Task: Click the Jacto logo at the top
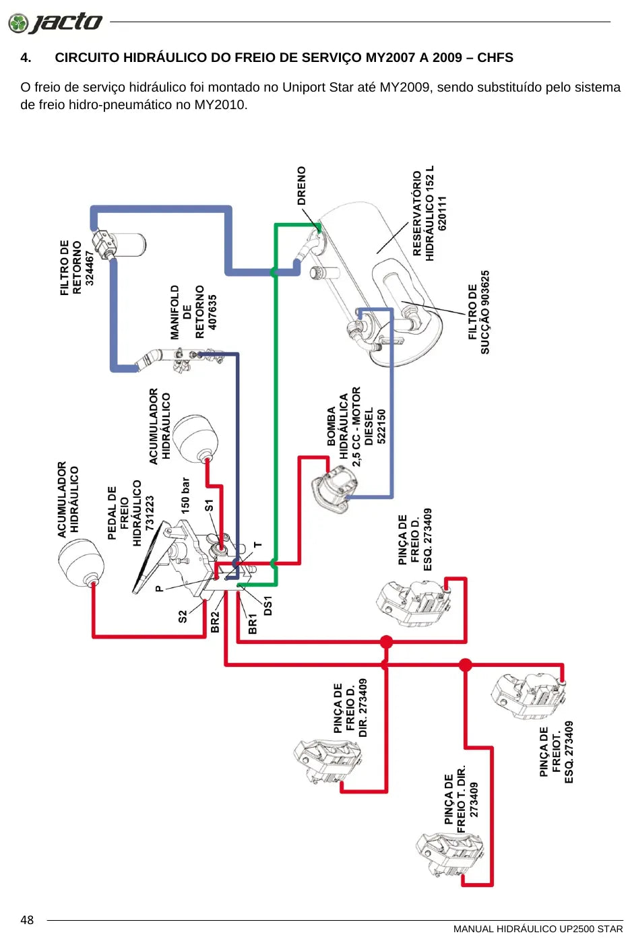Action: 55,22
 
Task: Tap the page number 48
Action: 27,920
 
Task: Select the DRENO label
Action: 302,186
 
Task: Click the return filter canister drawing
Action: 119,244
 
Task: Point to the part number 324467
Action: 90,268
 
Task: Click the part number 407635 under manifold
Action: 212,312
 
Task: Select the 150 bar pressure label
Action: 185,496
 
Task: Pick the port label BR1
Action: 252,624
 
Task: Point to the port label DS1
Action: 268,606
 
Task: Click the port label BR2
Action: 215,622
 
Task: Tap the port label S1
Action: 210,505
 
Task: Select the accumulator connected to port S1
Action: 195,439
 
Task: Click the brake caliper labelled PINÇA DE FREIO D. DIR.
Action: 327,762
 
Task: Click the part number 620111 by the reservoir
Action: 442,213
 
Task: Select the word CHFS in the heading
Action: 495,58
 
